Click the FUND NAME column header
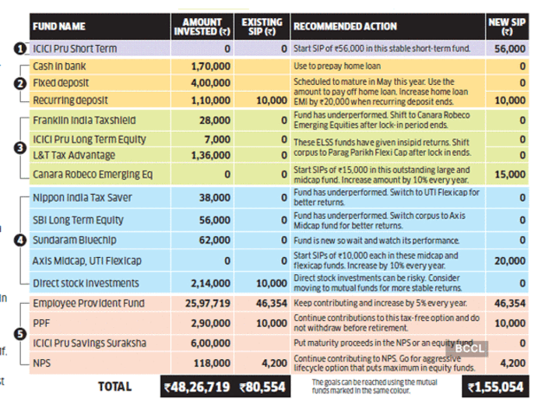[x=59, y=26]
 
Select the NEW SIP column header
[x=507, y=26]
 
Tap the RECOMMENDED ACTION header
[x=345, y=26]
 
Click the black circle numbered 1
[x=20, y=48]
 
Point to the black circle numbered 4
[x=20, y=240]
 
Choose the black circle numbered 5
[x=20, y=334]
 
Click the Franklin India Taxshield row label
[x=84, y=120]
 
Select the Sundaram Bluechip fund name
[x=75, y=240]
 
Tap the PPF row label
[x=41, y=323]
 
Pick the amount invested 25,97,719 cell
[x=208, y=304]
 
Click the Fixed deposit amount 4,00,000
[x=211, y=83]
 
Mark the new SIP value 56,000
[x=510, y=48]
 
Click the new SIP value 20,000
[x=510, y=261]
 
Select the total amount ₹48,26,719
[x=197, y=387]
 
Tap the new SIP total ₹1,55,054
[x=496, y=387]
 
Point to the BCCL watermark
[x=469, y=348]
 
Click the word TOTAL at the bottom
[x=114, y=386]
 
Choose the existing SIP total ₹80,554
[x=262, y=387]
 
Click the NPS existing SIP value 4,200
[x=275, y=363]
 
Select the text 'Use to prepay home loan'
[x=337, y=66]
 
